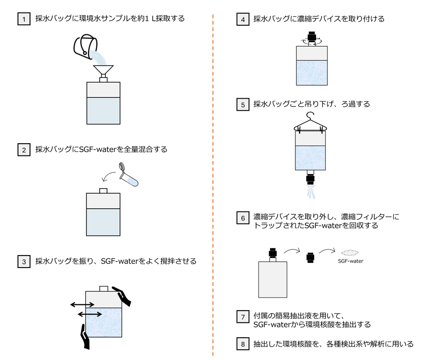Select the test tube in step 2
tap(129, 175)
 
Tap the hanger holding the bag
tap(311, 121)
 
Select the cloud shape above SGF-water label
tap(350, 253)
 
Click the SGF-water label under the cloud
tap(350, 261)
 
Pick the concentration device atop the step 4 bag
tap(312, 38)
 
